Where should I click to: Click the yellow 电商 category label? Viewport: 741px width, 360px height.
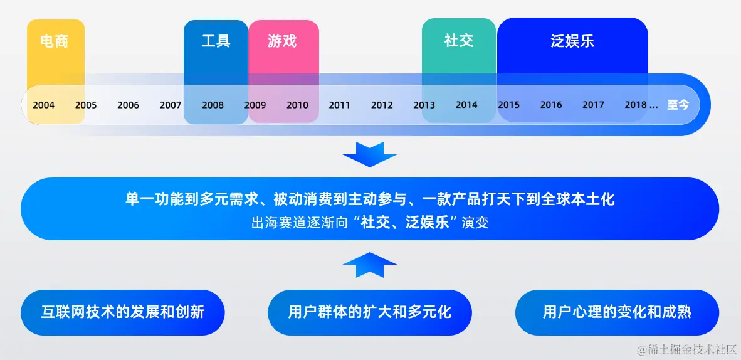tap(54, 41)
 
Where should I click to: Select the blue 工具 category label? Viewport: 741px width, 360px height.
tap(216, 41)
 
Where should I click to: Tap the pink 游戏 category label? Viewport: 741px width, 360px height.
tap(282, 41)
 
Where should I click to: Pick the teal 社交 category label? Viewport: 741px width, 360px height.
tap(458, 41)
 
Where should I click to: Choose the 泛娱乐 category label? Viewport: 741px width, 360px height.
tap(572, 41)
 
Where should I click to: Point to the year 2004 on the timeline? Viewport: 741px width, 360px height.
tap(43, 105)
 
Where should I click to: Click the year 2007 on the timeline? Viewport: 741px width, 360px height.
tap(171, 105)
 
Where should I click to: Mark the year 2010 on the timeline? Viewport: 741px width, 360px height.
tap(297, 105)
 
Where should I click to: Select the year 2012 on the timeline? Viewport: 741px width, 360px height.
tap(382, 105)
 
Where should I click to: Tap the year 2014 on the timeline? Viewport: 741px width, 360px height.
tap(466, 105)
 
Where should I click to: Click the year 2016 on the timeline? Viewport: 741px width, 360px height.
tap(551, 105)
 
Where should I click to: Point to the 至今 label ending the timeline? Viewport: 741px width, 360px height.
tap(678, 105)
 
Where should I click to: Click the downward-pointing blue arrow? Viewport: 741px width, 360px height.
tap(370, 154)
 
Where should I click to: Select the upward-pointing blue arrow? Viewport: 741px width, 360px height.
tap(370, 265)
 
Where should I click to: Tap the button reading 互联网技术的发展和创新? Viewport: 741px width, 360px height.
tap(123, 312)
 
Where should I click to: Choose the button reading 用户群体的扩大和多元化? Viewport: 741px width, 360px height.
tap(370, 312)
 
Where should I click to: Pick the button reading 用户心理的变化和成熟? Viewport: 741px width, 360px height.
tap(617, 312)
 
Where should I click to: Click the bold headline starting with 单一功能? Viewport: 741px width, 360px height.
tap(370, 199)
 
